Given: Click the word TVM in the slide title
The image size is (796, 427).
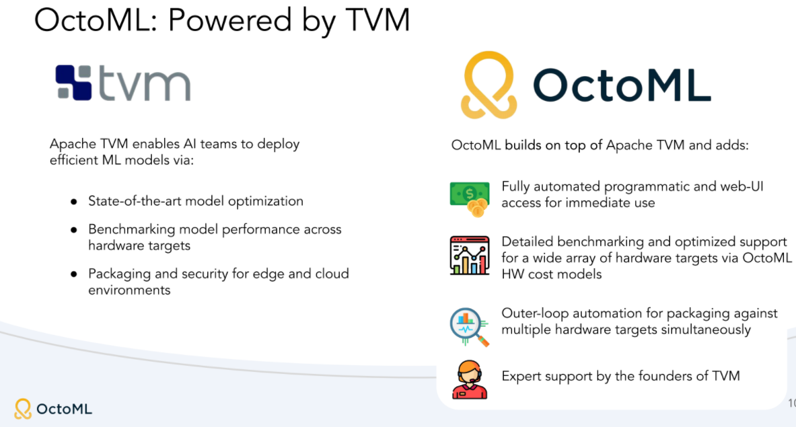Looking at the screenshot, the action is pos(377,20).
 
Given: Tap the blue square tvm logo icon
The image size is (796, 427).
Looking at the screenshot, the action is pos(73,82).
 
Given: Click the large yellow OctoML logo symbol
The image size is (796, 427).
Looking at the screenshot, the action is pos(489,85).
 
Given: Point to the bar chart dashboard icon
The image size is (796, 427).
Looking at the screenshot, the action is pos(470,255).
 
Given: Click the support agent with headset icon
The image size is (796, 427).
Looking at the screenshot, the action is pos(470,379).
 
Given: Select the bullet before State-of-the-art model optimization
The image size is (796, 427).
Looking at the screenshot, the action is pos(74,202).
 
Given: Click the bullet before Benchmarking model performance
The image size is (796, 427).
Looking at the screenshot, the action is pos(74,230).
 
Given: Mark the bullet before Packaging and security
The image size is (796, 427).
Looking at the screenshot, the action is pos(74,274).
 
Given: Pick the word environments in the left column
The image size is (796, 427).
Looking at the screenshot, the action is pos(129,290).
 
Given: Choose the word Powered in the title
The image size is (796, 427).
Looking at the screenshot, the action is pos(230,20).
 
